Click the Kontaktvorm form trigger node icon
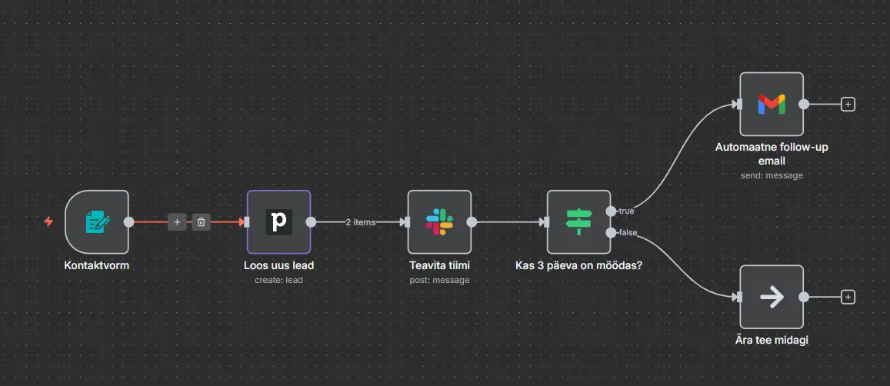97,221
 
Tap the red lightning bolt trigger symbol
48,221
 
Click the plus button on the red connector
177,221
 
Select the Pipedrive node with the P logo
278,221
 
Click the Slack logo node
439,221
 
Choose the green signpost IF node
578,221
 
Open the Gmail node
771,104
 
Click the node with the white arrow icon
771,297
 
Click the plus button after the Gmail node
848,104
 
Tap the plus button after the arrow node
848,297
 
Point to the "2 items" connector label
359,222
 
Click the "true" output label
625,211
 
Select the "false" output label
627,232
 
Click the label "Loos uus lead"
278,266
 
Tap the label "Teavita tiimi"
439,266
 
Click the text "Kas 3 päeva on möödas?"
578,266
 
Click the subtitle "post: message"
439,280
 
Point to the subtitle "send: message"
771,176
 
